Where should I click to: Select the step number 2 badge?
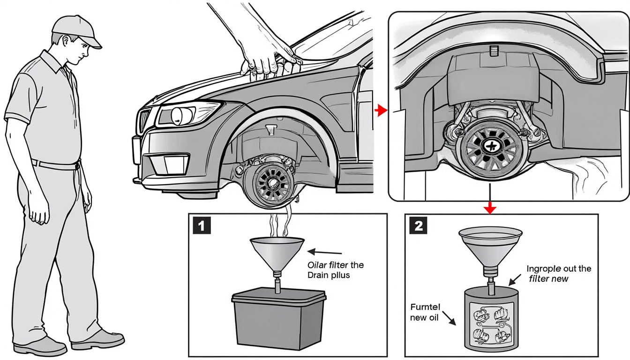418,226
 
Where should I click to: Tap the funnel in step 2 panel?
490,244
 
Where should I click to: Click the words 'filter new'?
548,279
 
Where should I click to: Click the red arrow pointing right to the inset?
381,111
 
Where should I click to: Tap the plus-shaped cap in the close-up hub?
491,147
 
